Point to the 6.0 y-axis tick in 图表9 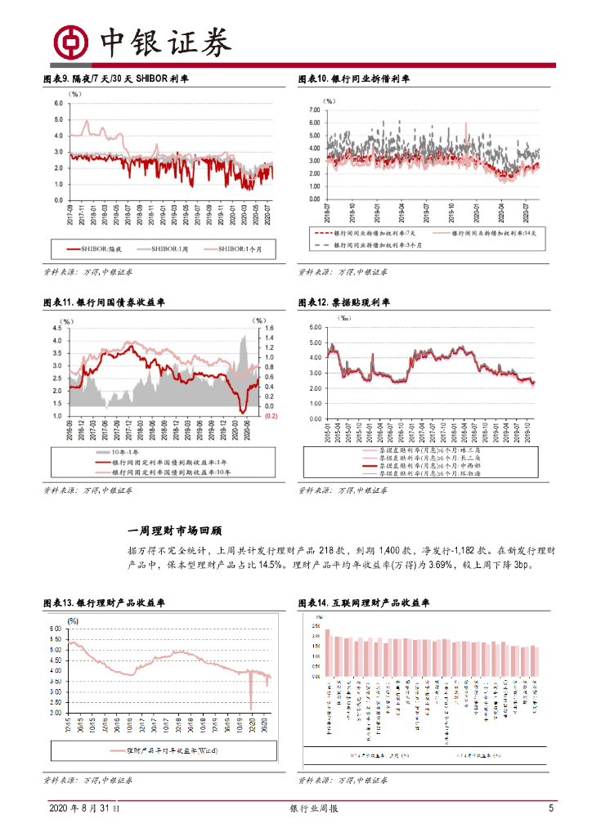[x=58, y=104]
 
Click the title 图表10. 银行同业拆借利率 [x=354, y=79]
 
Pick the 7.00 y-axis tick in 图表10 [x=312, y=110]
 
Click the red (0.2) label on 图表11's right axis [x=271, y=416]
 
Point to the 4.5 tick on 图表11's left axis [x=59, y=329]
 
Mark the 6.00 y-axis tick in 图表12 [x=316, y=328]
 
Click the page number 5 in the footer [x=551, y=809]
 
